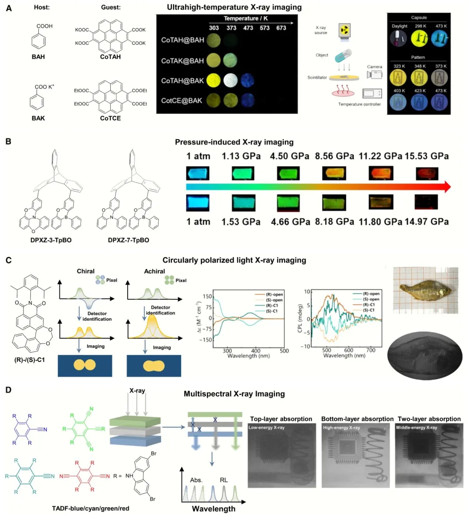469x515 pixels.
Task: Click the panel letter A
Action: coord(9,8)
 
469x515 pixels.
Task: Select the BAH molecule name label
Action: coord(38,57)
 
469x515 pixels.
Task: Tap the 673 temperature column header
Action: coord(281,28)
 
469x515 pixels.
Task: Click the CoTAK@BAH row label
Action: coord(182,61)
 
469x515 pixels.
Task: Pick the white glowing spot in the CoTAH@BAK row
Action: coord(231,80)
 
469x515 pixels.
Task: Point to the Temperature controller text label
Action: coord(359,104)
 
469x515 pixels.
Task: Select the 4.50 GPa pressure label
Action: coord(289,156)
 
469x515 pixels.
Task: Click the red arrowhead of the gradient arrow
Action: coord(446,187)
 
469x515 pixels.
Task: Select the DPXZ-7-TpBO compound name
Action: coord(129,240)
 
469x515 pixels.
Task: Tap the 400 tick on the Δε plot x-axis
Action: coord(256,351)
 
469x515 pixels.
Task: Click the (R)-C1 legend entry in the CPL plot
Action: coord(371,305)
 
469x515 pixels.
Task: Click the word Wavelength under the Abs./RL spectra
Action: coord(213,508)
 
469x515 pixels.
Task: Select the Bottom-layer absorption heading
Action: coord(357,419)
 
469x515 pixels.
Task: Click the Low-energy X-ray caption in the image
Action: coord(267,428)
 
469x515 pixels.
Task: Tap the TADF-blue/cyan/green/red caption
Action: coord(90,508)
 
